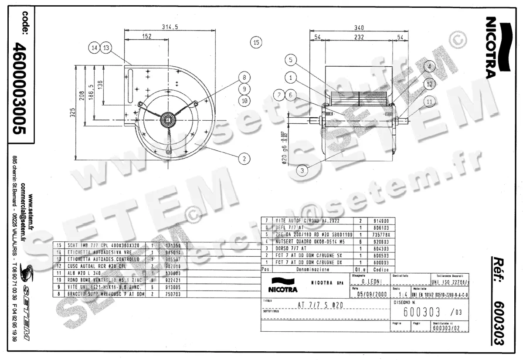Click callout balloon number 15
pyautogui.click(x=256, y=42)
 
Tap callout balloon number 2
pyautogui.click(x=245, y=158)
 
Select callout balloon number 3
pyautogui.click(x=302, y=170)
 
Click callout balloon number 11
pyautogui.click(x=430, y=102)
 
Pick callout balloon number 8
pyautogui.click(x=245, y=77)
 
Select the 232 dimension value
pyautogui.click(x=359, y=37)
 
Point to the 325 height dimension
pyautogui.click(x=73, y=112)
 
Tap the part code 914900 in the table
pyautogui.click(x=377, y=221)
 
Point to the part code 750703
pyautogui.click(x=170, y=294)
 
